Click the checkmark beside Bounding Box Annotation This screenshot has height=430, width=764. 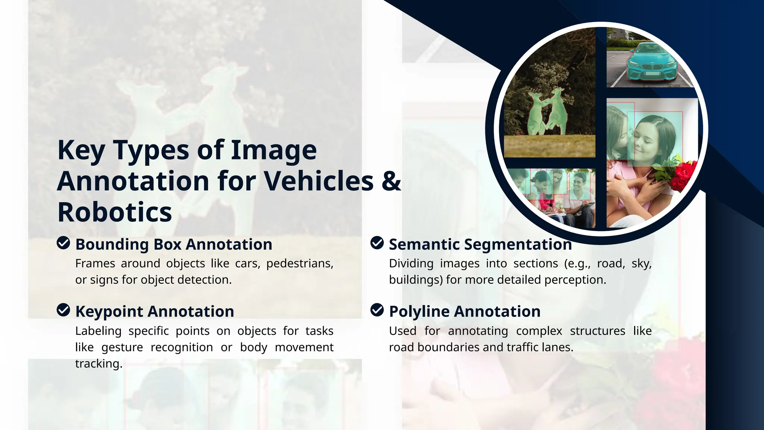tap(63, 243)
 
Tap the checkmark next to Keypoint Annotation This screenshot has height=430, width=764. tap(63, 310)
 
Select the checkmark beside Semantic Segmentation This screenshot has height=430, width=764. tap(377, 243)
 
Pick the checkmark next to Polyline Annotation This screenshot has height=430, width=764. tap(377, 310)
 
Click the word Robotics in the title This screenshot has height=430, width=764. tap(115, 212)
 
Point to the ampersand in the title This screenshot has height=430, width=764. tap(391, 181)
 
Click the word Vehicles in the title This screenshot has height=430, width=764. tap(319, 181)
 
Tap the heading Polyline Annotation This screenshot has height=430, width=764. tap(464, 311)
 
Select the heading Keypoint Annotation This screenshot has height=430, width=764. tap(154, 311)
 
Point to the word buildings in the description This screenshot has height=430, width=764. tap(416, 280)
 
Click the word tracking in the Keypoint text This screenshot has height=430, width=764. tap(98, 364)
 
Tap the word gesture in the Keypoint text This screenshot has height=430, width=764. tap(122, 348)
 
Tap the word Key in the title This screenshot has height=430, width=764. tap(81, 150)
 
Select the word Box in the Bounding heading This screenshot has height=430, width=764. tap(167, 244)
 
